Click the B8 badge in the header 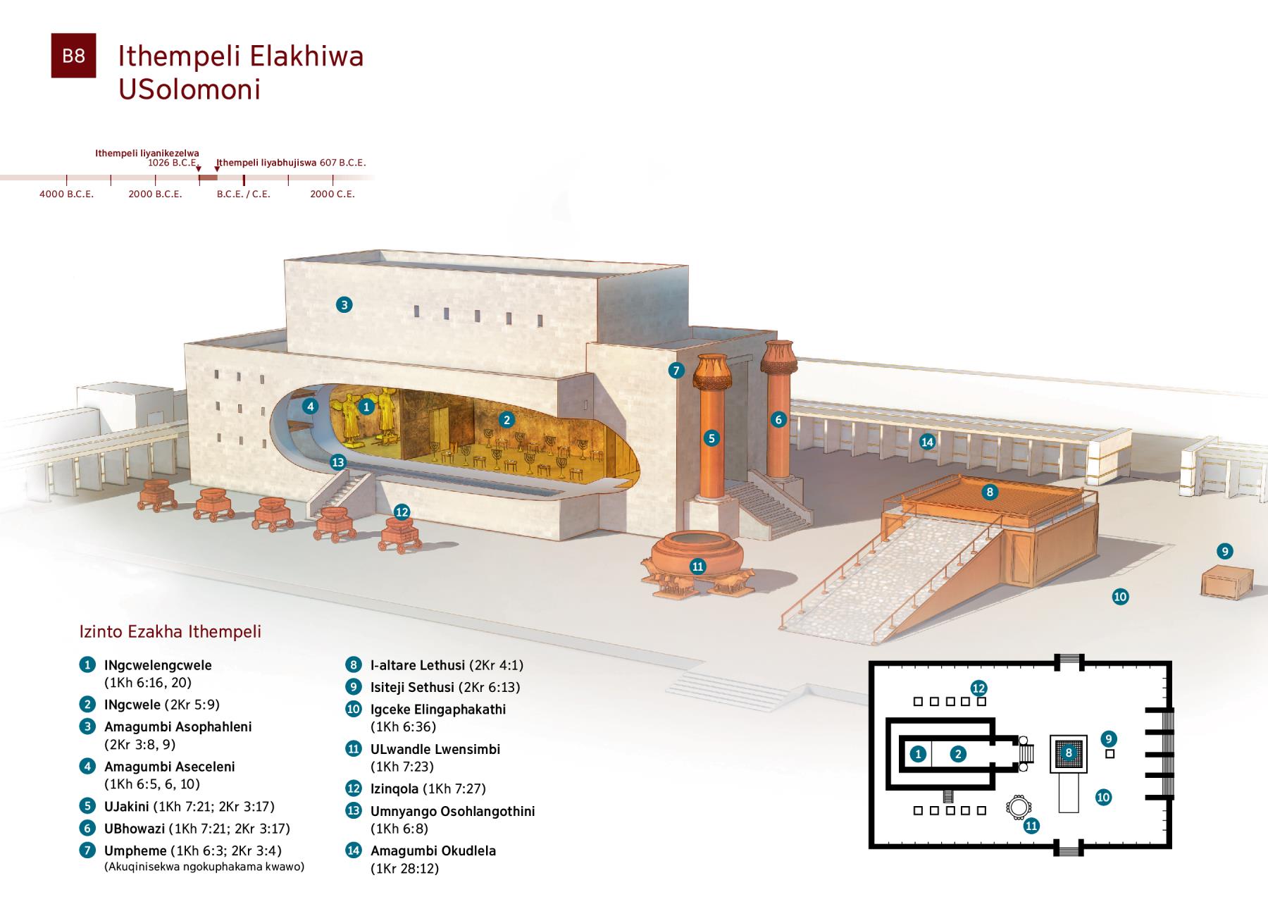point(73,56)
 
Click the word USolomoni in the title point(189,89)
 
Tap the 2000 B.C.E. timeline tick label point(155,194)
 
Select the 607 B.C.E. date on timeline point(343,163)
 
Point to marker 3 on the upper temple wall point(344,304)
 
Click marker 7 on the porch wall point(676,371)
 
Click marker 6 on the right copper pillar point(778,419)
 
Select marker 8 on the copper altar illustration point(990,492)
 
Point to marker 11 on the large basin point(697,566)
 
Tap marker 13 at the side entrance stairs point(338,462)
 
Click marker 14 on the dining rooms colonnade point(927,442)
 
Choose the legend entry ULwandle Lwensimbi point(435,749)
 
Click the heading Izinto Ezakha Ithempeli point(170,631)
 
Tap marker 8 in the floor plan point(1069,753)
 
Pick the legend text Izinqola point(394,788)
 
